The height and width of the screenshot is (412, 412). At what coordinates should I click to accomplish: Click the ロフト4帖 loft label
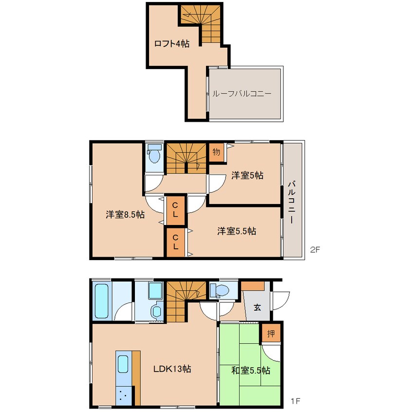pyautogui.click(x=171, y=43)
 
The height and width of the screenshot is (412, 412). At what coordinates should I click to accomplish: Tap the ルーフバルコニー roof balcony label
pyautogui.click(x=242, y=94)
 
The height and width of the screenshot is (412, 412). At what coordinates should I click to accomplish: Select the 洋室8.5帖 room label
pyautogui.click(x=125, y=215)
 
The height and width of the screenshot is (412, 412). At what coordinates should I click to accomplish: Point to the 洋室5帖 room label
pyautogui.click(x=247, y=175)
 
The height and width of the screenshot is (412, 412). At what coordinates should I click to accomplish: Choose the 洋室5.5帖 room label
pyautogui.click(x=237, y=231)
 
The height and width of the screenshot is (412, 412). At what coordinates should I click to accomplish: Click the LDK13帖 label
pyautogui.click(x=172, y=369)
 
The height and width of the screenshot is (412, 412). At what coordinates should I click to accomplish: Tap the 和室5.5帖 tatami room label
pyautogui.click(x=250, y=371)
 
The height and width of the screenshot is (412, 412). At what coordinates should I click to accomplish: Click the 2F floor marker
pyautogui.click(x=315, y=249)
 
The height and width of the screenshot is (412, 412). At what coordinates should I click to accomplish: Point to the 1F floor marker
pyautogui.click(x=295, y=401)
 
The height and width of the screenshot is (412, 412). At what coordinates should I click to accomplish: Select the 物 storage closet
pyautogui.click(x=217, y=152)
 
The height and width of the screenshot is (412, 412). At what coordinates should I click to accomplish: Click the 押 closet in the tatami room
pyautogui.click(x=271, y=334)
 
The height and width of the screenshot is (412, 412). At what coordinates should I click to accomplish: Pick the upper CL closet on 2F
pyautogui.click(x=175, y=210)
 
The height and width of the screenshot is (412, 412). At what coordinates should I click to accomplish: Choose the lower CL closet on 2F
pyautogui.click(x=175, y=242)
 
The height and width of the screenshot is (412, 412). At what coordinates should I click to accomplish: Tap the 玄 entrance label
pyautogui.click(x=257, y=307)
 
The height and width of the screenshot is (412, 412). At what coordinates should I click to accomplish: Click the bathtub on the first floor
pyautogui.click(x=102, y=301)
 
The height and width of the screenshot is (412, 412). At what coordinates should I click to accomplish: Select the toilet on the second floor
pyautogui.click(x=154, y=154)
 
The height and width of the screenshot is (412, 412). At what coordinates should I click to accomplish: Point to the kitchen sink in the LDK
pyautogui.click(x=123, y=364)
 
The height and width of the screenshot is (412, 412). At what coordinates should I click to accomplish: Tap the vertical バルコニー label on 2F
pyautogui.click(x=291, y=202)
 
